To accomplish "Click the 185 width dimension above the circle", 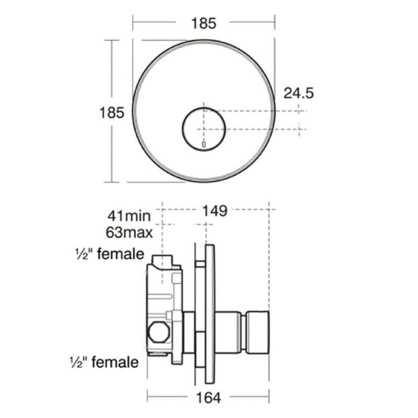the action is point(204,24).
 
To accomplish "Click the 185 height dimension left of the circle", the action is point(112,112).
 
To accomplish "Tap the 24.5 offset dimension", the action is point(298,94).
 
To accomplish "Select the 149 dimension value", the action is point(215,211).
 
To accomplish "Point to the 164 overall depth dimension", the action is point(208,398).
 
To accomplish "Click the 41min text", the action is point(129,216).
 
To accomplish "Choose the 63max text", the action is point(129,233).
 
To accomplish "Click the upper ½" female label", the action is point(110,254).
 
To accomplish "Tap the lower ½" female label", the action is point(104,362).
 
